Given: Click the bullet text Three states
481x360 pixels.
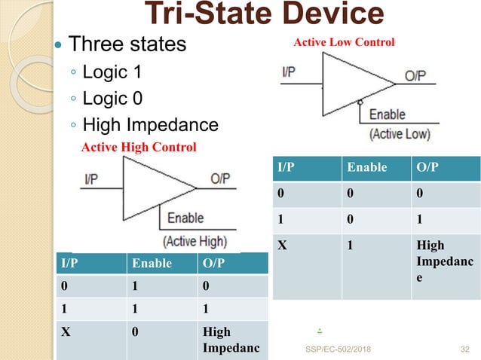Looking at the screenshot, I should (x=127, y=44).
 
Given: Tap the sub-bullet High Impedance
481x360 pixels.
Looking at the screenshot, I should (x=150, y=124).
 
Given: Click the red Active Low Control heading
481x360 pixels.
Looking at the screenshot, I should (x=343, y=42).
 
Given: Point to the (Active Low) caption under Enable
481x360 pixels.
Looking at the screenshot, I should (x=399, y=135).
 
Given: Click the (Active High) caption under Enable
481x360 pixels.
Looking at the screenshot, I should (x=195, y=241).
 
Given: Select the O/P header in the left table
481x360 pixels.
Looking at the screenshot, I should (x=217, y=264).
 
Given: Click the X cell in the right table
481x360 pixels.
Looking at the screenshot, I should (x=283, y=246).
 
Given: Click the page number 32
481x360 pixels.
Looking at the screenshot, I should (x=465, y=349).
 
